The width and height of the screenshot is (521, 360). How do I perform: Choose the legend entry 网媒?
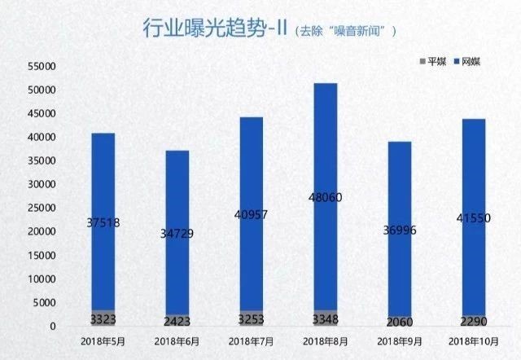pyautogui.click(x=467, y=62)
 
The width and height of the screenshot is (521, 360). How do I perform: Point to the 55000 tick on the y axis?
pyautogui.click(x=41, y=66)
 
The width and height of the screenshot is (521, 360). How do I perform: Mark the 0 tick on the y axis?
pyautogui.click(x=52, y=327)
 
